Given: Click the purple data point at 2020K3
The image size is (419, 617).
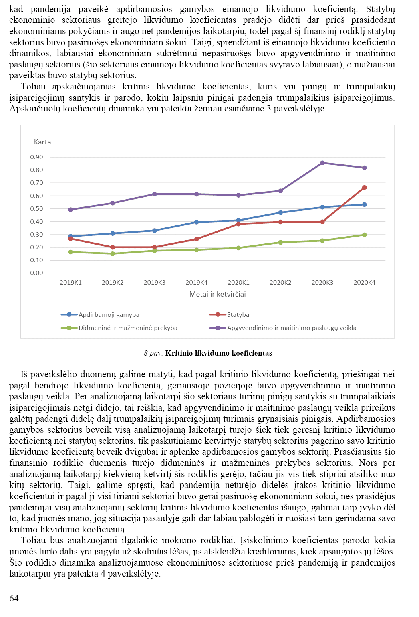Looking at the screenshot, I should click(x=322, y=163).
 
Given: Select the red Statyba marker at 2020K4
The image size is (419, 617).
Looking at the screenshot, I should click(x=364, y=188).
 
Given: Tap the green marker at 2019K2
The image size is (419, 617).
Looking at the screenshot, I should click(x=113, y=253).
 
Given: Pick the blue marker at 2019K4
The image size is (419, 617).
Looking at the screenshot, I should click(x=196, y=222).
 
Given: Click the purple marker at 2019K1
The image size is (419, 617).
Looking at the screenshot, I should click(x=71, y=210).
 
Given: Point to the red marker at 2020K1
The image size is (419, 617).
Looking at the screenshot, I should click(x=238, y=224).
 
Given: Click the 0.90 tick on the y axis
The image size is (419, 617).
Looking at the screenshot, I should click(x=36, y=157).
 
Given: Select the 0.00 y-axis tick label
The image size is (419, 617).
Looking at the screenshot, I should click(x=36, y=273).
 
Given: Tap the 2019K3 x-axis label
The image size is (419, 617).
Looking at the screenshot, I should click(x=155, y=283).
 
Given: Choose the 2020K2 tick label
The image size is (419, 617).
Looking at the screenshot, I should click(x=280, y=283).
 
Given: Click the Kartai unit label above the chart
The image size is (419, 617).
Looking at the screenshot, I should click(x=43, y=142).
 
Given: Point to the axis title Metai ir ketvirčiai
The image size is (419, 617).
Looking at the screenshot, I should click(x=218, y=294).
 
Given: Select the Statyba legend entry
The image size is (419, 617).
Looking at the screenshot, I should click(x=238, y=315).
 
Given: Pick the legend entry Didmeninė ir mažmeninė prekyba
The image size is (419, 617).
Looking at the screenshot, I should click(x=128, y=328).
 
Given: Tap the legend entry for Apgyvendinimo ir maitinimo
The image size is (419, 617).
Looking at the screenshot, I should click(x=291, y=328).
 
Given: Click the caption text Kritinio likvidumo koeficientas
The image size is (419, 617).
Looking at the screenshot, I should click(x=219, y=353).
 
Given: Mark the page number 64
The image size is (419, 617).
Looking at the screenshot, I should click(x=14, y=598).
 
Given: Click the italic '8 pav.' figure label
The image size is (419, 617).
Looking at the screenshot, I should click(x=153, y=353).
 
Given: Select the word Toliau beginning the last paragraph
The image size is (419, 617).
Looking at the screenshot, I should click(x=33, y=540).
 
